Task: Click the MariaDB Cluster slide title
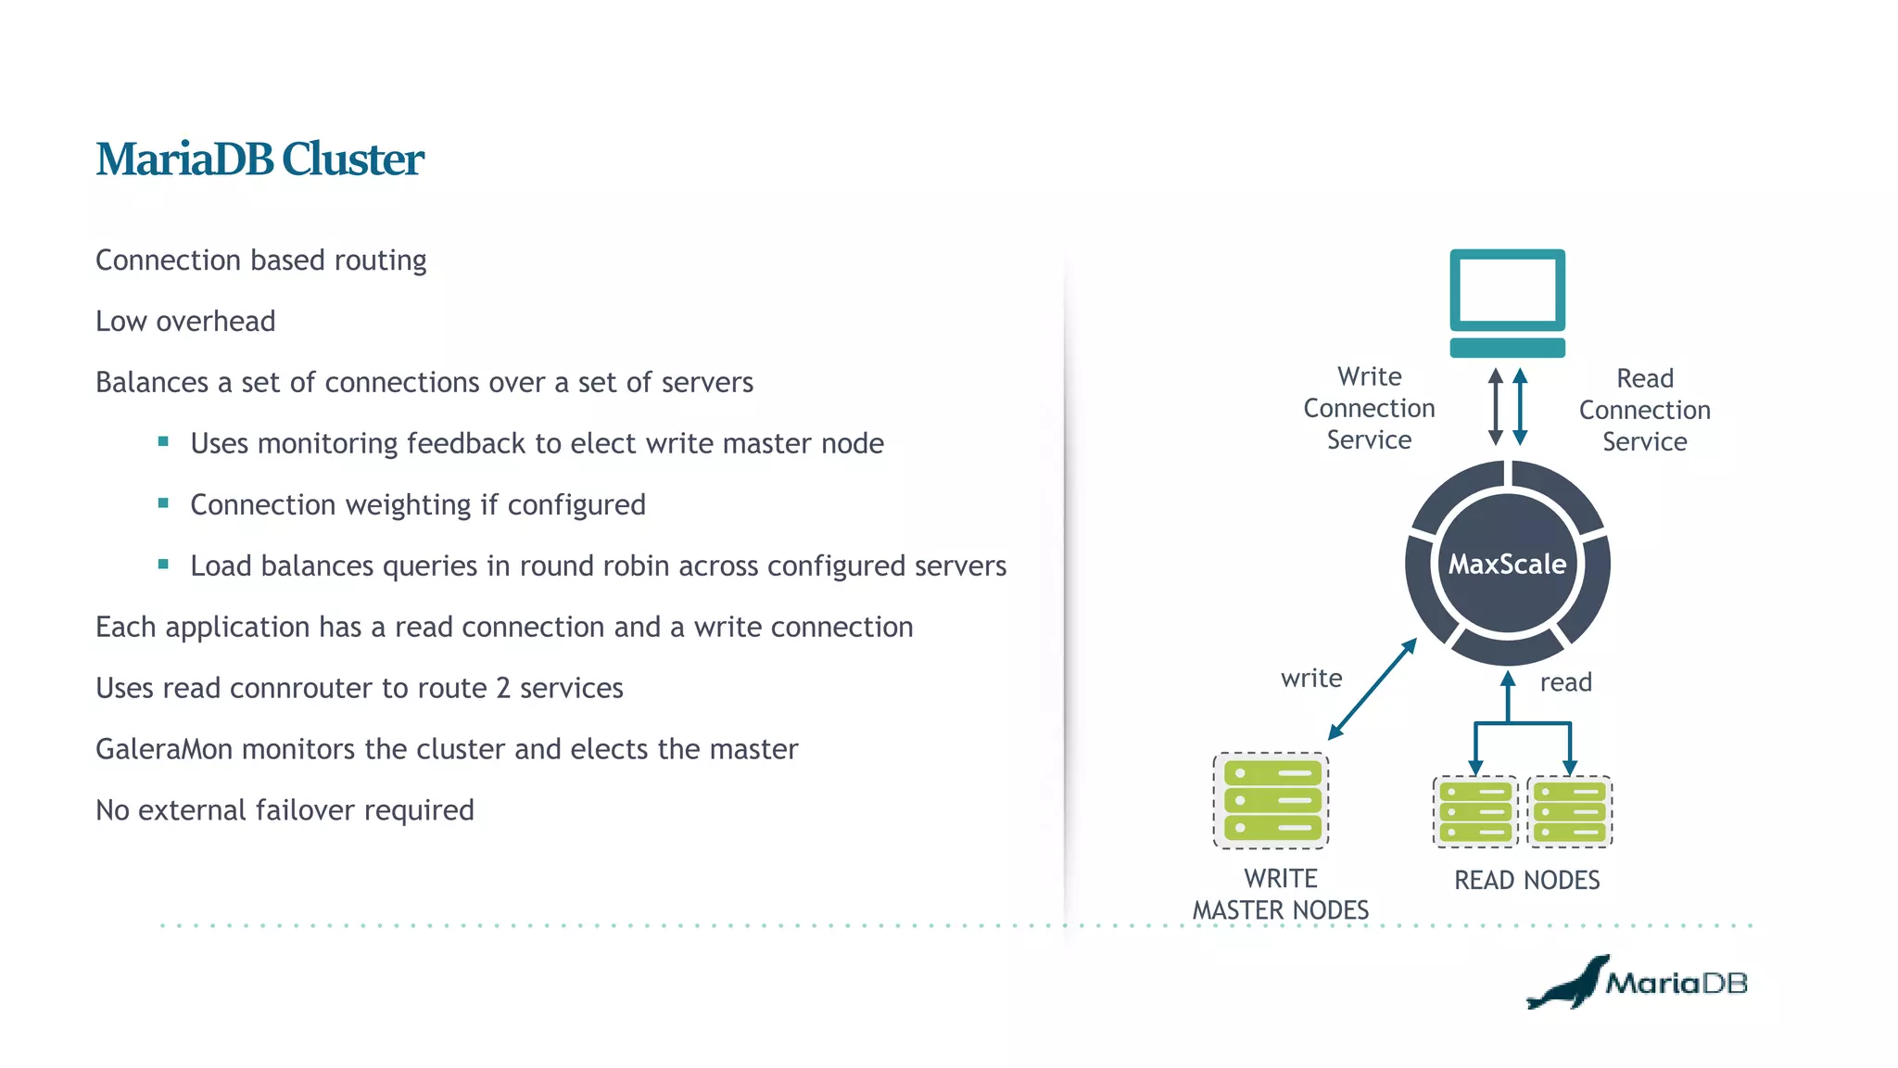tap(259, 159)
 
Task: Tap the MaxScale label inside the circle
tap(1507, 564)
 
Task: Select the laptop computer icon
tap(1507, 301)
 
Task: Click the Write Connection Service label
tap(1369, 408)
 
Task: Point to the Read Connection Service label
tap(1644, 410)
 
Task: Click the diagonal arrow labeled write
tap(1373, 689)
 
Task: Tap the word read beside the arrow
tap(1565, 682)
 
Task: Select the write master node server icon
tap(1272, 800)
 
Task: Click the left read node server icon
tap(1475, 812)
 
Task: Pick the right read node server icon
tap(1569, 812)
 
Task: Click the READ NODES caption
tap(1526, 880)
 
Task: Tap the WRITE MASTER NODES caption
tap(1280, 895)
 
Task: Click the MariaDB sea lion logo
tap(1568, 984)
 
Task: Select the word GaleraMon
tap(164, 749)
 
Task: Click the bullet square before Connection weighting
tap(163, 503)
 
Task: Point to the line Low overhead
tap(185, 322)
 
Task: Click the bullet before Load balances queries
tap(163, 565)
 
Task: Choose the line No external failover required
tap(285, 810)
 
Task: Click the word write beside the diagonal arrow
tap(1310, 679)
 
